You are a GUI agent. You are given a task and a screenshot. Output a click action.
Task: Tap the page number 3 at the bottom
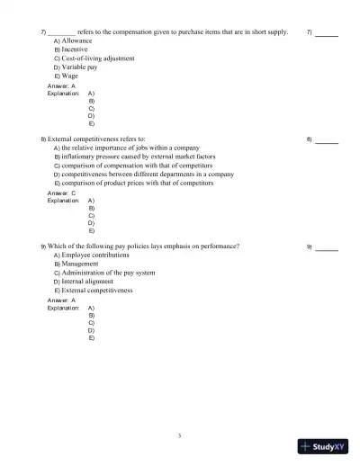tap(180, 435)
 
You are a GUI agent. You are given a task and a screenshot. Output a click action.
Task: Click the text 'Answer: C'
tap(61, 193)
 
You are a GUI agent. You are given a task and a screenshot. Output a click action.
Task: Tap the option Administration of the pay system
tap(107, 273)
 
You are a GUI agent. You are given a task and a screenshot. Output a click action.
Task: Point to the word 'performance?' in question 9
tap(220, 246)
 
